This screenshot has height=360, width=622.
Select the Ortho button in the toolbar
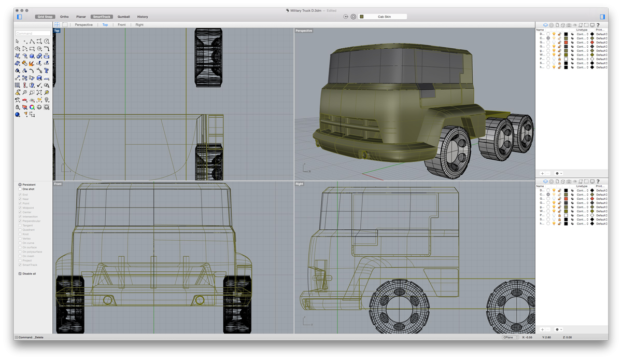point(64,17)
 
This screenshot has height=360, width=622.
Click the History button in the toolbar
point(143,17)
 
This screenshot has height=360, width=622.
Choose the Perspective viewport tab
point(83,25)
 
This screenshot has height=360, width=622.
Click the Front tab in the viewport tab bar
point(121,25)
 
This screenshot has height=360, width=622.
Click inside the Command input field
point(33,33)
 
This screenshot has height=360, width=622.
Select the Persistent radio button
point(20,185)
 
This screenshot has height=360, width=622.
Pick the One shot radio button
point(20,189)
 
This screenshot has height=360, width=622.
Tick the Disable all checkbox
point(20,273)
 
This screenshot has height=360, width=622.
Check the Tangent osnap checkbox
point(20,226)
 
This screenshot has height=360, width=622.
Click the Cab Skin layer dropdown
point(384,17)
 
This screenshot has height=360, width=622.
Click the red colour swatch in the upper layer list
point(566,43)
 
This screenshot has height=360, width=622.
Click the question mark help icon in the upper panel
point(598,25)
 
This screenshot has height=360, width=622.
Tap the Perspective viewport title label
point(304,31)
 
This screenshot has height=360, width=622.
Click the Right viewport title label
point(299,184)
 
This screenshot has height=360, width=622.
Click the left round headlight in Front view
point(108,299)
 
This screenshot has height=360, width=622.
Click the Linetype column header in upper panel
point(582,30)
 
